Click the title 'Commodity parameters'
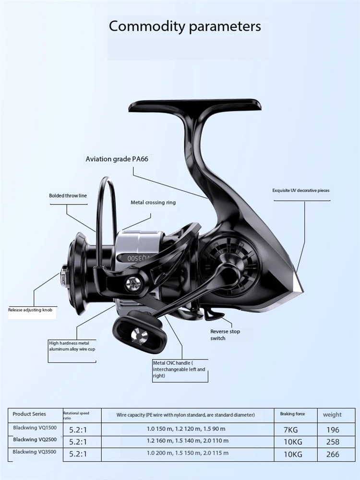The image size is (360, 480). [185, 26]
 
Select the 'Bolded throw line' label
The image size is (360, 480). [68, 196]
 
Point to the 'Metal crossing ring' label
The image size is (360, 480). [153, 203]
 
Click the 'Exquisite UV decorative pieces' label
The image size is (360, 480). [301, 191]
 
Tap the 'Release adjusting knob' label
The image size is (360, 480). [30, 310]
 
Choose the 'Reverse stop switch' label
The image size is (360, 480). [225, 335]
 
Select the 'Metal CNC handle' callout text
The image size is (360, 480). [179, 370]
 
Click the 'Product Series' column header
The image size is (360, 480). [29, 414]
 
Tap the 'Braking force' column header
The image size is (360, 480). [292, 414]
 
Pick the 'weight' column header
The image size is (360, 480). [332, 415]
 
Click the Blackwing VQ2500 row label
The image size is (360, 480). [33, 440]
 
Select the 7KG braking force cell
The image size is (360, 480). [290, 430]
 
